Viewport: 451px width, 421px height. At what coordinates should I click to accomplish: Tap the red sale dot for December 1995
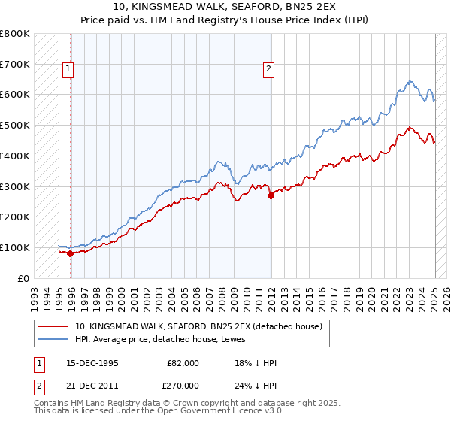71,253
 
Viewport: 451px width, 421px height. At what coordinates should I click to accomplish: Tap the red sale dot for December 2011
271,195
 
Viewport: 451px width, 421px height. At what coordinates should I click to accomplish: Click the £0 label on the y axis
23,278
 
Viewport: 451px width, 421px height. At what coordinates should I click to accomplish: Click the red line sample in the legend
53,326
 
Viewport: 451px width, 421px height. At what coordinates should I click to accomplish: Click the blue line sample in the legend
53,338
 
